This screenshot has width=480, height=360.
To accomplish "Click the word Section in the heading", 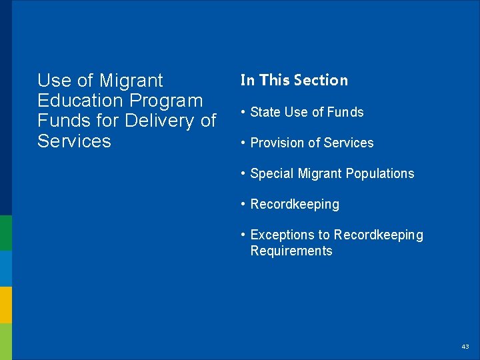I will [x=322, y=80].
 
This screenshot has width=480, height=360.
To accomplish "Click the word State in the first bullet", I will [x=265, y=112].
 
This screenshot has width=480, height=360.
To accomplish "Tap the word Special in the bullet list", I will [x=271, y=173].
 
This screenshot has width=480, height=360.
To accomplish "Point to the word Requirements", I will [x=291, y=251].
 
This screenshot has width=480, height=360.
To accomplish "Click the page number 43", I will [x=465, y=347].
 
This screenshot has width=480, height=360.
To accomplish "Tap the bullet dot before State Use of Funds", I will [x=244, y=112].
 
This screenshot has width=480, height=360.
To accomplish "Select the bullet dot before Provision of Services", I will [x=244, y=143].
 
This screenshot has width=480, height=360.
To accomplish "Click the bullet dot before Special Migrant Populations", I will [x=244, y=173].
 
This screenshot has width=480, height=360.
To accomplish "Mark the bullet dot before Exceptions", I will [x=244, y=235].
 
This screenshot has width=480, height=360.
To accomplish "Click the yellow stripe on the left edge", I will [x=5, y=305].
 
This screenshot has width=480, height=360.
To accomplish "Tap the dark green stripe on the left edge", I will [x=5, y=233].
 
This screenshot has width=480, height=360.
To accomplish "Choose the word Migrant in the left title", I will [x=131, y=81].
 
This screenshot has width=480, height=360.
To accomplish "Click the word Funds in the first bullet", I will [x=345, y=112].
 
